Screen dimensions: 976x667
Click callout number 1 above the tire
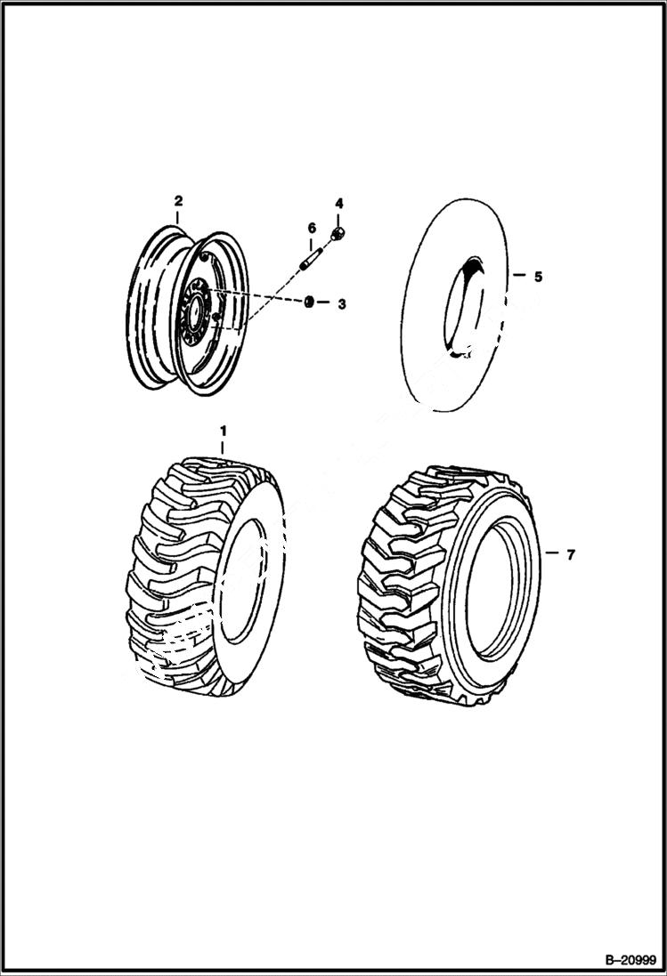223,432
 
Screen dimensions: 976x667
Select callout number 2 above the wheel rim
178,200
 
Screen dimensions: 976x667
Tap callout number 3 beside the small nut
340,304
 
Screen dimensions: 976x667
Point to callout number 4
338,204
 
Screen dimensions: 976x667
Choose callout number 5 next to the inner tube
538,277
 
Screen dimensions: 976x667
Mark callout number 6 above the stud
311,229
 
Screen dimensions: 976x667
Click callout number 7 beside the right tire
570,555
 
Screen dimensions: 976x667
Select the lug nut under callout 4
338,234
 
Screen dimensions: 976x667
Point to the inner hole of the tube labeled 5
467,307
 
